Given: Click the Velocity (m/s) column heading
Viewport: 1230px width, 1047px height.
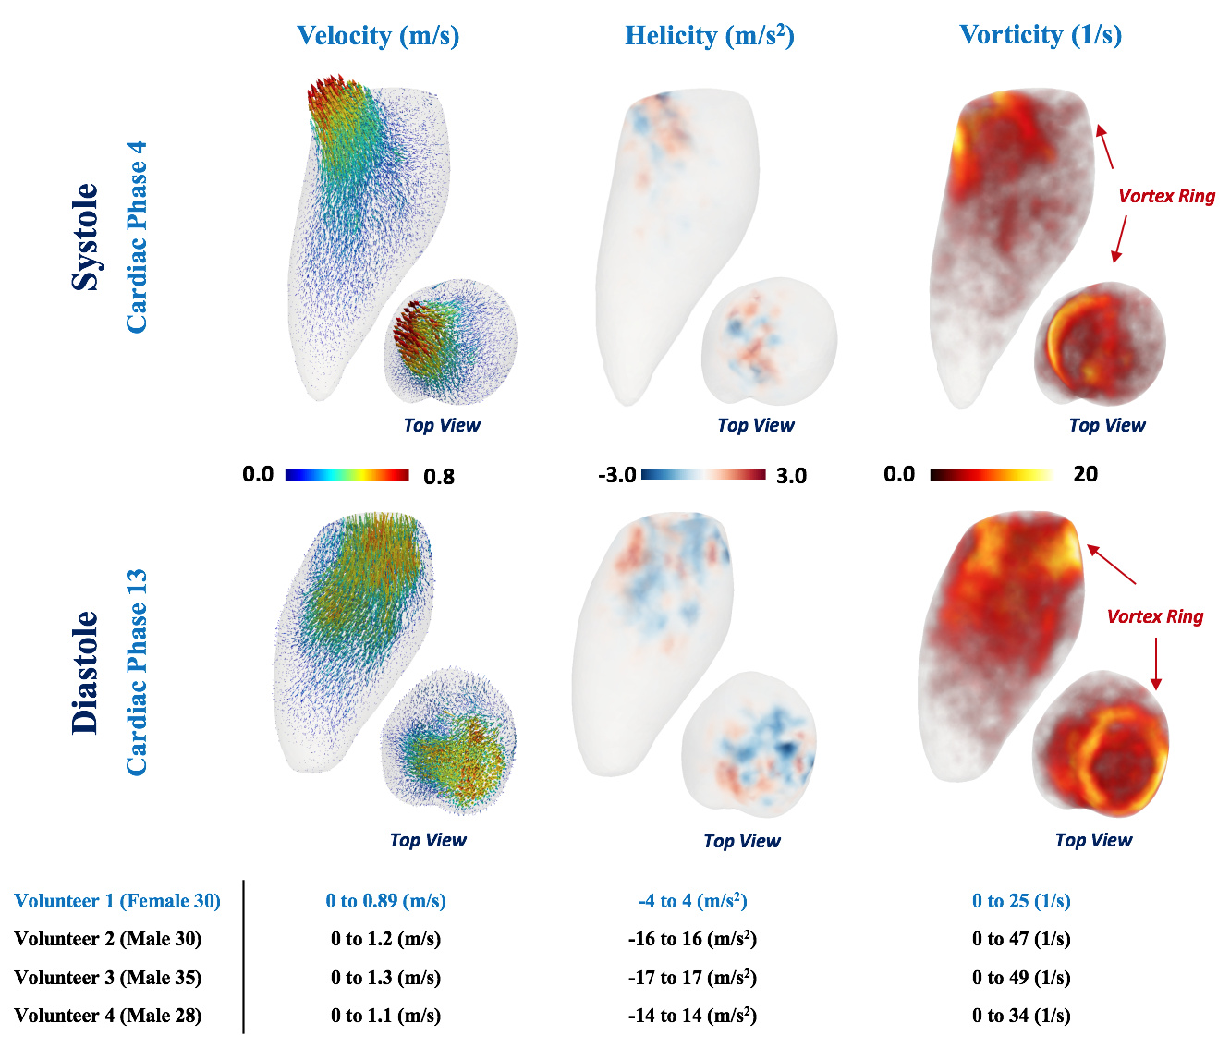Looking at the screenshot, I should pyautogui.click(x=378, y=35).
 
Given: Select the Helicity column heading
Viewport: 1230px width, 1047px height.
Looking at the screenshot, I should pyautogui.click(x=709, y=35).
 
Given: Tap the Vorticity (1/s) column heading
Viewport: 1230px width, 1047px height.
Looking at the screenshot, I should pyautogui.click(x=1041, y=35).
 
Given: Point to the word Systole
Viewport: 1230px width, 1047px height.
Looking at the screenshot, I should pyautogui.click(x=86, y=237).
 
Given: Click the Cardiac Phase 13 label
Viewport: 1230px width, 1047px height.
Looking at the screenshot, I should pyautogui.click(x=137, y=672).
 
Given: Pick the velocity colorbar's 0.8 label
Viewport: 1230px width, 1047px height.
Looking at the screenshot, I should pyautogui.click(x=438, y=477).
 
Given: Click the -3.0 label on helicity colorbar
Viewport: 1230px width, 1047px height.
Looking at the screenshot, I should pyautogui.click(x=616, y=476).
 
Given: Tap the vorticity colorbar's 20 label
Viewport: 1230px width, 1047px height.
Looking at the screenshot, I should pyautogui.click(x=1085, y=474).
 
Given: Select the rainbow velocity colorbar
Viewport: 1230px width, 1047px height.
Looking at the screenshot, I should pyautogui.click(x=347, y=475).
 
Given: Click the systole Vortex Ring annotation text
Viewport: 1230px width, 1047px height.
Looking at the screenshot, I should pyautogui.click(x=1166, y=196).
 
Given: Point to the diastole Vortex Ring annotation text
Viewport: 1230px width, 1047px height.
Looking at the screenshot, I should pyautogui.click(x=1154, y=616).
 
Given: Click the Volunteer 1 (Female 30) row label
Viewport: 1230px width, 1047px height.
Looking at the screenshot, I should pyautogui.click(x=117, y=901).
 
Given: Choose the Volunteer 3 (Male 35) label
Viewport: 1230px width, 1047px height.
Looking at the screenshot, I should pyautogui.click(x=108, y=978).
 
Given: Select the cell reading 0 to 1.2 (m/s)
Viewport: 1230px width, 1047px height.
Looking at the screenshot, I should pyautogui.click(x=385, y=939).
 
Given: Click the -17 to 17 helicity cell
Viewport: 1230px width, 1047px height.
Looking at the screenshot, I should pyautogui.click(x=692, y=978).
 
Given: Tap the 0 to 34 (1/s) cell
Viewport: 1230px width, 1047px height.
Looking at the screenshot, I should pyautogui.click(x=1021, y=1016).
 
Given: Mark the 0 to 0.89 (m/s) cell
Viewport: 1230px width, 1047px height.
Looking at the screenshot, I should pyautogui.click(x=385, y=901).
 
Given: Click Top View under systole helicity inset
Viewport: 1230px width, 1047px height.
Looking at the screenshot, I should pyautogui.click(x=755, y=425).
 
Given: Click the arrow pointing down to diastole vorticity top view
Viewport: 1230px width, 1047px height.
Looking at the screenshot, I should pyautogui.click(x=1155, y=665).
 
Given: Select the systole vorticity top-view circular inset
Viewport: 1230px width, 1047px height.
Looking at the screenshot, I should pyautogui.click(x=1100, y=344).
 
